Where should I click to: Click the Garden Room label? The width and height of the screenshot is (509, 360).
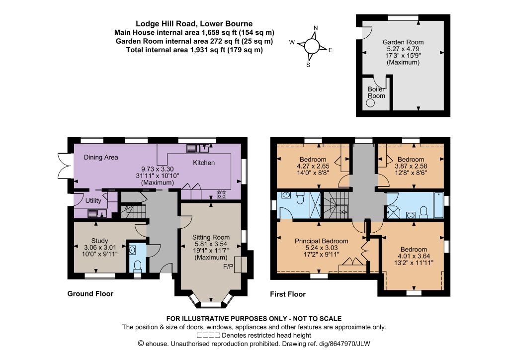(x=403, y=42)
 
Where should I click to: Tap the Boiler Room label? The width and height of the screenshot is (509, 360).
(x=377, y=92)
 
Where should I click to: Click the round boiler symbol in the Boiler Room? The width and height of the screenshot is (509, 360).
(x=370, y=103)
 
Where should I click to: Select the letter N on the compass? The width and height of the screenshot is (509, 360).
(x=316, y=28)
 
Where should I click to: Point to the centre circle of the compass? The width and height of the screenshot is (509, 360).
(x=312, y=46)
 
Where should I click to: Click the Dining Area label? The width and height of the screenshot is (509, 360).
(x=101, y=158)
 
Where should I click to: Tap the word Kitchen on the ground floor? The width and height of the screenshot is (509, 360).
(x=204, y=163)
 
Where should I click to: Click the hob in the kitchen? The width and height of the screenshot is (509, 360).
(x=222, y=194)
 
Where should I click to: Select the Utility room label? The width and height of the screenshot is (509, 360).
(x=93, y=201)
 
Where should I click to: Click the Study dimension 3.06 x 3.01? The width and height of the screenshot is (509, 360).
(x=99, y=247)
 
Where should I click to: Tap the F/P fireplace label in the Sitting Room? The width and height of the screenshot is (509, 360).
(x=228, y=267)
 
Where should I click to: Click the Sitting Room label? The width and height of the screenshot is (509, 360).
(x=211, y=237)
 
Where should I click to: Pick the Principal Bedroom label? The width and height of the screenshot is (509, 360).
(x=322, y=241)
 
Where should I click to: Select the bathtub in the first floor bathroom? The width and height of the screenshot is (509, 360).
(x=438, y=205)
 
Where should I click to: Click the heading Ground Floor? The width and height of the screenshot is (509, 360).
(x=90, y=294)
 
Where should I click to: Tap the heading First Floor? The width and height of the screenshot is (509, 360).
(x=288, y=294)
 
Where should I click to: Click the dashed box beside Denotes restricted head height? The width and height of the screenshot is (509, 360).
(x=208, y=335)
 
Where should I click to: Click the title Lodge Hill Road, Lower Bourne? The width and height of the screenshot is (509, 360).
(x=194, y=24)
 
